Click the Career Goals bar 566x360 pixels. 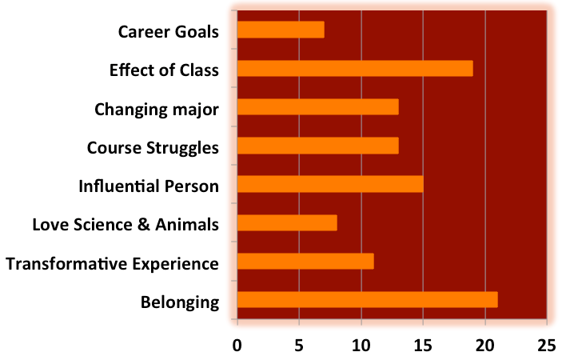point(281,30)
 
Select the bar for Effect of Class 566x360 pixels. point(355,69)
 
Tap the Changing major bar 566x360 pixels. point(317,107)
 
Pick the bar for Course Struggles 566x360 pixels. point(317,146)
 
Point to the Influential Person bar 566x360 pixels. point(330,184)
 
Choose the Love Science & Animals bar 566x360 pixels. point(287,222)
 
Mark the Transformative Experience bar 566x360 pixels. point(305,262)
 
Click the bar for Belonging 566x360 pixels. point(367,300)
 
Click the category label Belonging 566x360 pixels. point(180,302)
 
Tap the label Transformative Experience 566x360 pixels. point(112,263)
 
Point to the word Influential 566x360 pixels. point(118,186)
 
